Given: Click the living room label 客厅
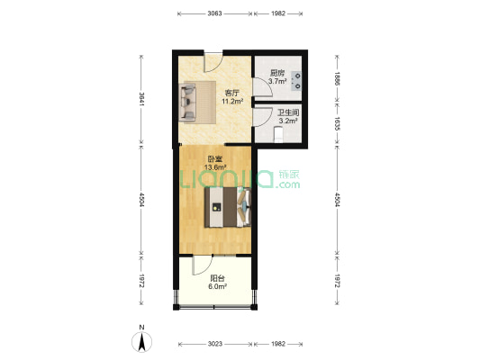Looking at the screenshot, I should tap(231, 93).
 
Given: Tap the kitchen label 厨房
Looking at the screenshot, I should tap(277, 73).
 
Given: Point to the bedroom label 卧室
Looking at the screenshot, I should tap(213, 159).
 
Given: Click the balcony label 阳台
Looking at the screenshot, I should tap(217, 278).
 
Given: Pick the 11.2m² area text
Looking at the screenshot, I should tap(231, 102).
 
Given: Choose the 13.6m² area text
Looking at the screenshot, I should tap(213, 167).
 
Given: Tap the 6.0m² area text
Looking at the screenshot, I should tap(217, 287).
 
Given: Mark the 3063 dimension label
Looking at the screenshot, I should tap(214, 14).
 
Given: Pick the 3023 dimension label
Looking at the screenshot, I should tap(214, 344).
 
